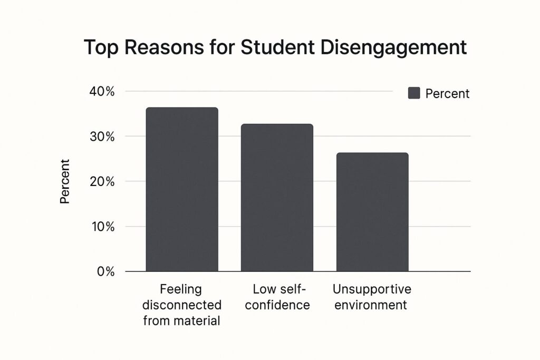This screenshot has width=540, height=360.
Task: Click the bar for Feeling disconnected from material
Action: point(182,190)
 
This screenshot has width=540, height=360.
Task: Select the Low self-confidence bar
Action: point(277,198)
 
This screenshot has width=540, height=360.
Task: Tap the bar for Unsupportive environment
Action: point(372,212)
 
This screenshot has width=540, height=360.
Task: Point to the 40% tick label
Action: point(102,92)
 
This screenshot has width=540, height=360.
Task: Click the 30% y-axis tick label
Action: point(102,137)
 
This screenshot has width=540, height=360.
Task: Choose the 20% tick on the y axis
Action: point(102,182)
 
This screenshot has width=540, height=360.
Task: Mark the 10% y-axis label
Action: point(102,227)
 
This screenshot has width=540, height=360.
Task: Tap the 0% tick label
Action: point(105,272)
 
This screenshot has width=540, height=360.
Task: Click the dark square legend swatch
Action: point(414,93)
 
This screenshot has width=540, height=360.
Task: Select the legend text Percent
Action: point(447,94)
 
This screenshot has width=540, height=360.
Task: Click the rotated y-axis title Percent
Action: point(65,181)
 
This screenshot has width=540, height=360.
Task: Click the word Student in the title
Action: point(266,47)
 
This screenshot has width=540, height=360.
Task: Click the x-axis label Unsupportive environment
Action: point(372,297)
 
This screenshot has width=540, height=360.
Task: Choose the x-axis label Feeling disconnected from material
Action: point(182,305)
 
